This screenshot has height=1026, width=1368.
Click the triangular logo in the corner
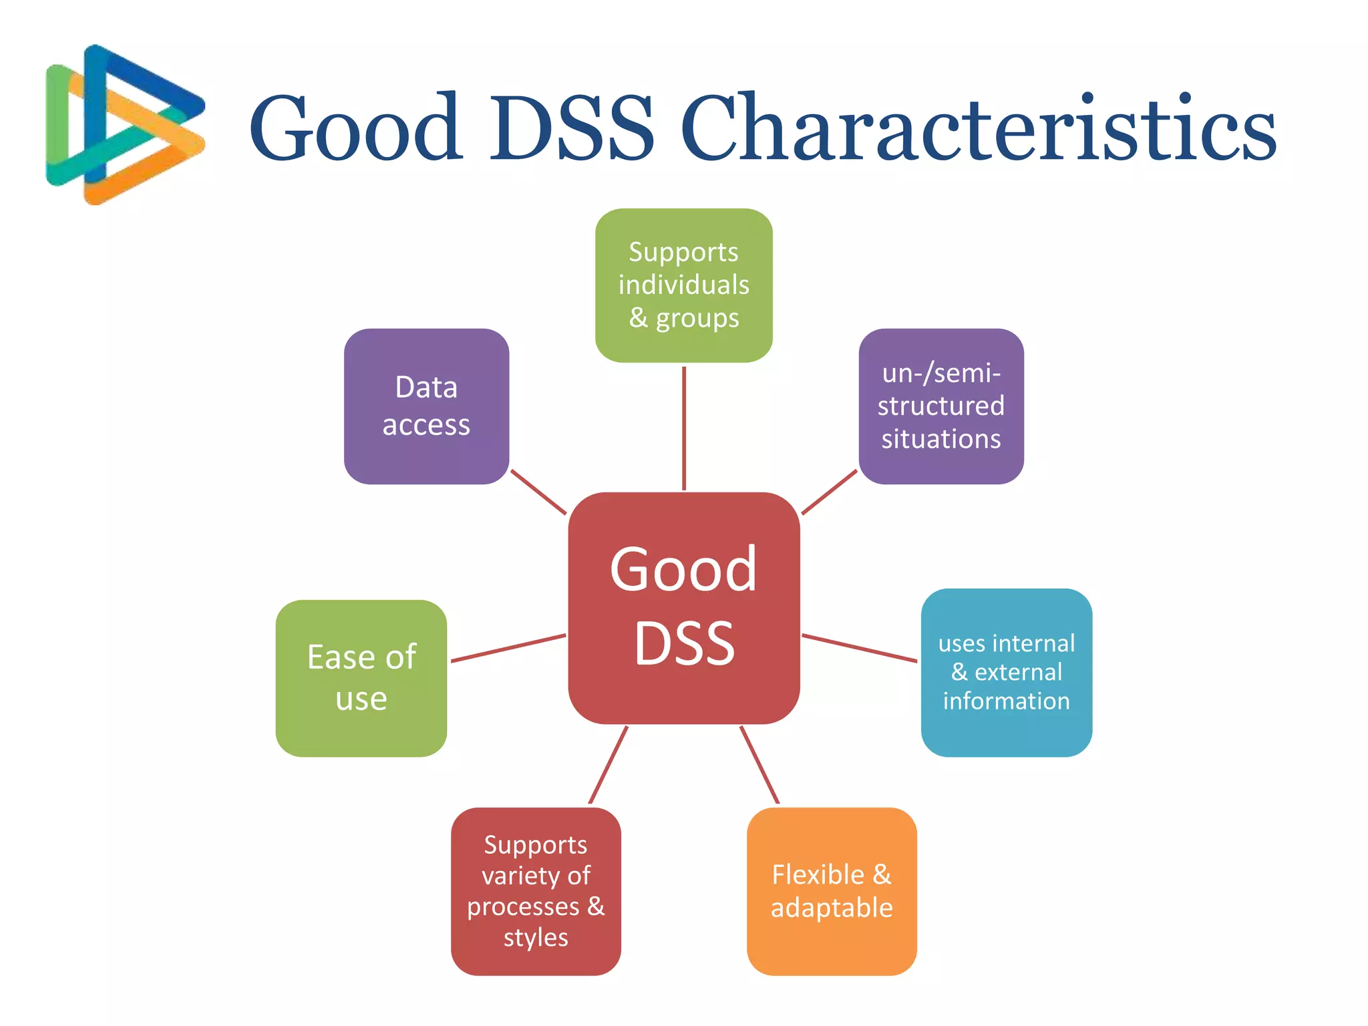pos(124,124)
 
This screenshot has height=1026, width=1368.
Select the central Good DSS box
pos(683,608)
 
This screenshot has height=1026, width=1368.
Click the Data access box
pos(426,406)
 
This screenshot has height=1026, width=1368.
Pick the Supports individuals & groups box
pos(683,285)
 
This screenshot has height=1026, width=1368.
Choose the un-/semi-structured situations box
pos(940,406)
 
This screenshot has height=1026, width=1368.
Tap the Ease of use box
pos(361,678)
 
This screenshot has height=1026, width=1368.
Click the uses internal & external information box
pos(1006,672)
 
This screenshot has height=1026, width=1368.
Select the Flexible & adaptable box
pos(832,891)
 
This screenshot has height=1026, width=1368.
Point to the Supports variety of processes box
pos(536,891)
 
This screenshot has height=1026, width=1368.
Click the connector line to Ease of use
pos(508,648)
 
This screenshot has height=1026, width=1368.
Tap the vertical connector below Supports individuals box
pos(683,427)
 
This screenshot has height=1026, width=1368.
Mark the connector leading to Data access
pos(538,492)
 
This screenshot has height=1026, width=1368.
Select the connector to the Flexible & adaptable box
pos(759,765)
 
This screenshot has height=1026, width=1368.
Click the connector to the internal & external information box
pos(859,648)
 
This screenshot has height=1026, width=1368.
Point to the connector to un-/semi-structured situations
pos(829,492)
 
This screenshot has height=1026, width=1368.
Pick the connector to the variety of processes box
pos(608,765)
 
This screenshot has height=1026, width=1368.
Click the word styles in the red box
pos(536,938)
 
